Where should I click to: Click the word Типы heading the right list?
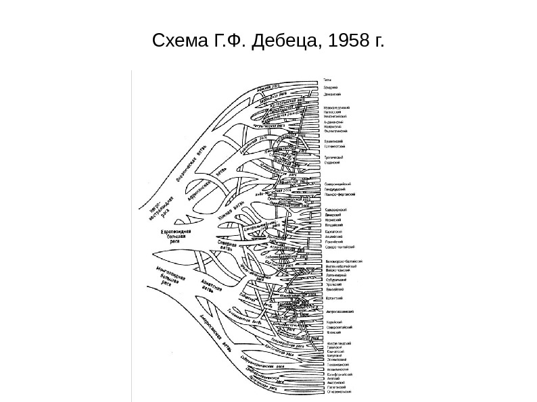click(x=327, y=80)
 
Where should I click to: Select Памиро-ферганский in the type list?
click(x=341, y=193)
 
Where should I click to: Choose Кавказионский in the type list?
click(x=337, y=209)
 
